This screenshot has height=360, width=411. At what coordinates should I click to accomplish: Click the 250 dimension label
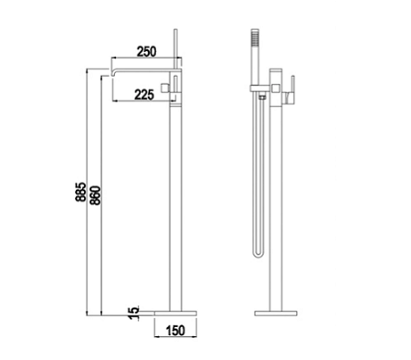[146, 51]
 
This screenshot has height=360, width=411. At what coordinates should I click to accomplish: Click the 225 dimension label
[144, 95]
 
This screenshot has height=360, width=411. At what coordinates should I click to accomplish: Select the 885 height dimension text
[80, 192]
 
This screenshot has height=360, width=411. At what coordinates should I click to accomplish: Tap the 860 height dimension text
[95, 196]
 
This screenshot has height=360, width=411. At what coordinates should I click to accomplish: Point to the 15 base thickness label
[133, 313]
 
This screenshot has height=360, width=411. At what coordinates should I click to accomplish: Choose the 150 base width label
[175, 331]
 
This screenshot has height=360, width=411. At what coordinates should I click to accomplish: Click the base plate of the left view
[175, 313]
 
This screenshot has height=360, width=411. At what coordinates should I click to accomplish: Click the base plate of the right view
[276, 313]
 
